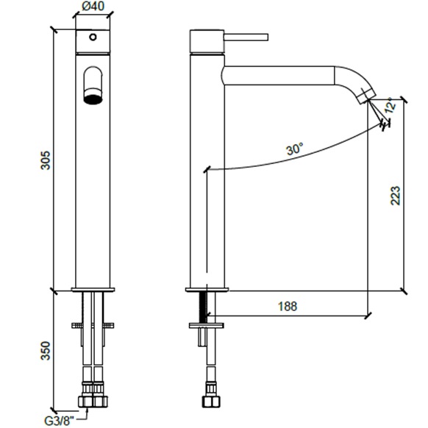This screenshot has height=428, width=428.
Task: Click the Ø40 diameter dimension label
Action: (x=93, y=7)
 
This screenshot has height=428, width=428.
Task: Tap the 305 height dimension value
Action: (x=46, y=160)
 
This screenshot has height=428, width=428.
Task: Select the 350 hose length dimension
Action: (x=46, y=351)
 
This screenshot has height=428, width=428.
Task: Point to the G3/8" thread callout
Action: (x=59, y=421)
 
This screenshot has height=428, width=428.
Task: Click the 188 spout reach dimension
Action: (x=288, y=306)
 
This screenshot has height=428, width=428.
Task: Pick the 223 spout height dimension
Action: (x=396, y=196)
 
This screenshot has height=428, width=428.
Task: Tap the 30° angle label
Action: (x=294, y=149)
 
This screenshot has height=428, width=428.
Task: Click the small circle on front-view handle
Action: (x=93, y=37)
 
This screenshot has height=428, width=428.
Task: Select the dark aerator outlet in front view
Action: (x=93, y=99)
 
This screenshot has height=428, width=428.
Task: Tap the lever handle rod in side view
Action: (x=246, y=37)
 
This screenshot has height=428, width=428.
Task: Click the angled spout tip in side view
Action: (x=367, y=96)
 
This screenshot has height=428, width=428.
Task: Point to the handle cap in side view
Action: (x=207, y=40)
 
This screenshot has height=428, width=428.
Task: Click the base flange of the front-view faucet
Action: (x=93, y=290)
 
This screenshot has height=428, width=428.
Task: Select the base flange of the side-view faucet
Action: (x=207, y=290)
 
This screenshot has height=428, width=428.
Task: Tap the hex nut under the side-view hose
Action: (x=211, y=402)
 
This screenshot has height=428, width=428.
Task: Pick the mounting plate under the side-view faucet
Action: (x=207, y=325)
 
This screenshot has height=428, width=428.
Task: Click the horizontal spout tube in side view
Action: (x=279, y=75)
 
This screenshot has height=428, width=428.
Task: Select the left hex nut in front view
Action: (x=86, y=402)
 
